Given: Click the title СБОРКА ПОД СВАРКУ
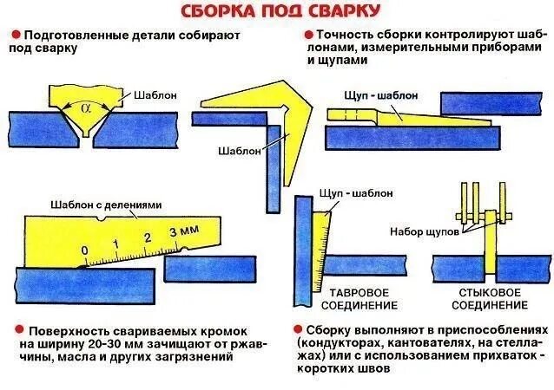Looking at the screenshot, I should click(279, 11).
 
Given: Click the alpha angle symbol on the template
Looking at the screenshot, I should click(85, 110).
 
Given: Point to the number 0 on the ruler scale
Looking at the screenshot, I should click(84, 250).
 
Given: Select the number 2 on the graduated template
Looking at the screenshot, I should click(148, 237).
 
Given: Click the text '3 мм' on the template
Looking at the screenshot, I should click(183, 232).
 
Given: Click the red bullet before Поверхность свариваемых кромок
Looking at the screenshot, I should click(16, 332).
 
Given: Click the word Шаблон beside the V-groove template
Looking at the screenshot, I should click(154, 95).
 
